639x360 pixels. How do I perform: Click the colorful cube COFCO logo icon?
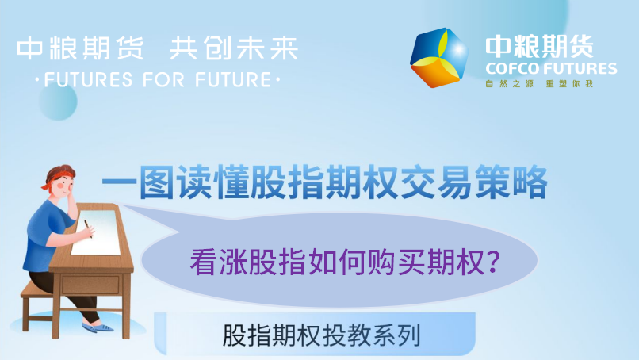(439, 57)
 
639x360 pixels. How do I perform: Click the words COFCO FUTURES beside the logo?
(551, 68)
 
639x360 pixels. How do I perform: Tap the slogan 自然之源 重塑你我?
(539, 84)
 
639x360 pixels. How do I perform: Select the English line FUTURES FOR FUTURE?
(158, 79)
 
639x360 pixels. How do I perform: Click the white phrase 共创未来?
(234, 48)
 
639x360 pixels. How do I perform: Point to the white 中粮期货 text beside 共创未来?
(80, 48)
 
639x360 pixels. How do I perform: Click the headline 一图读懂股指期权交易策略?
(324, 182)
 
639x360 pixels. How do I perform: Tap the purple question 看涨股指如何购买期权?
(345, 262)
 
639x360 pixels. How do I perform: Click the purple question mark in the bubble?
(493, 262)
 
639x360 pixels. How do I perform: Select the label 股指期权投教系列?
(322, 335)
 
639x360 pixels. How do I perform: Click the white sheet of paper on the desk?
(97, 232)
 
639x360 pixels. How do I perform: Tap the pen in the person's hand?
(88, 228)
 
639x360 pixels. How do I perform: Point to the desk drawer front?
(91, 284)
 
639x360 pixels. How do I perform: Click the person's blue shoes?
(98, 327)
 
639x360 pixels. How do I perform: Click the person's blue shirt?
(46, 236)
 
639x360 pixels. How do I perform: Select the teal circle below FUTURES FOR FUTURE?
(58, 101)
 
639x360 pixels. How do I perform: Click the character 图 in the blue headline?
(157, 182)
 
